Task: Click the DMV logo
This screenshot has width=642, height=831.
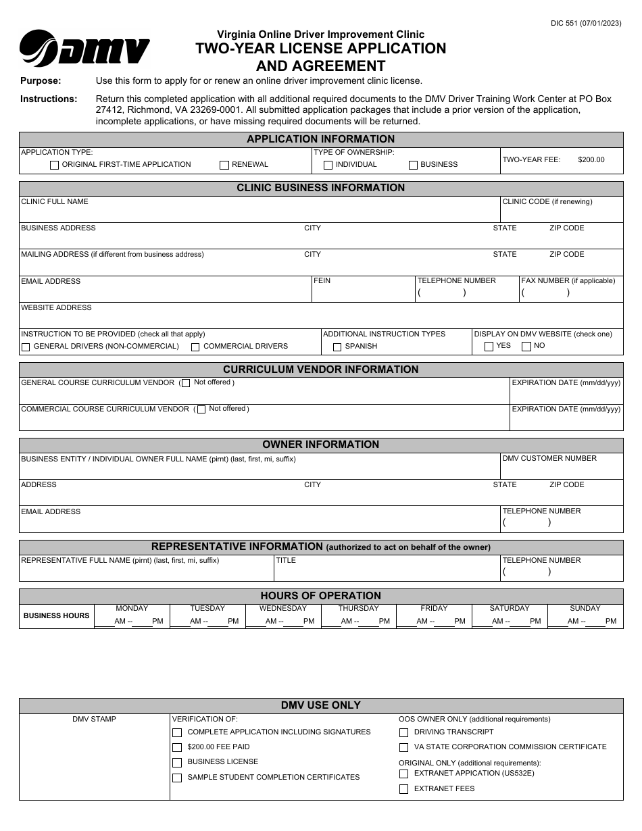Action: click(x=84, y=49)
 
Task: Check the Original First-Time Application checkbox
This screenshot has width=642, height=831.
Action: click(x=54, y=165)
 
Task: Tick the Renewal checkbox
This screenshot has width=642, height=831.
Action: click(x=224, y=165)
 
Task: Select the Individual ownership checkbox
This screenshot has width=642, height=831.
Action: click(x=328, y=165)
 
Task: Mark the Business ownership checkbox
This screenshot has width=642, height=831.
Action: click(x=413, y=165)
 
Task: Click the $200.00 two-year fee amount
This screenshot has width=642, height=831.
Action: click(x=591, y=160)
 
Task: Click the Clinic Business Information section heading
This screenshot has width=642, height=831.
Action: click(x=320, y=188)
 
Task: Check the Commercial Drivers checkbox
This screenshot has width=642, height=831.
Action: click(x=195, y=347)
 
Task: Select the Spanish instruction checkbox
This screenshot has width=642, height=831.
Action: click(x=337, y=347)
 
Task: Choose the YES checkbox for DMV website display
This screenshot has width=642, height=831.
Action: click(x=489, y=347)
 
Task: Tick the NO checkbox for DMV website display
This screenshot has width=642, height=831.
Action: click(x=526, y=347)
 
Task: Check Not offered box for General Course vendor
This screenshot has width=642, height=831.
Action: click(x=186, y=383)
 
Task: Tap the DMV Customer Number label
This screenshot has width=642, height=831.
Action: click(x=549, y=459)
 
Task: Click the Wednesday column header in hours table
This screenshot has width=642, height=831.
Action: click(x=282, y=609)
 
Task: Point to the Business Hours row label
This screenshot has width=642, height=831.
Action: click(x=56, y=616)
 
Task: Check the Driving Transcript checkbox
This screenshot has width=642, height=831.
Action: click(x=403, y=732)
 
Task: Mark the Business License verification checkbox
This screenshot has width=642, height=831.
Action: click(x=177, y=763)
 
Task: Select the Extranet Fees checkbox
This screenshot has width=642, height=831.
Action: click(x=403, y=789)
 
